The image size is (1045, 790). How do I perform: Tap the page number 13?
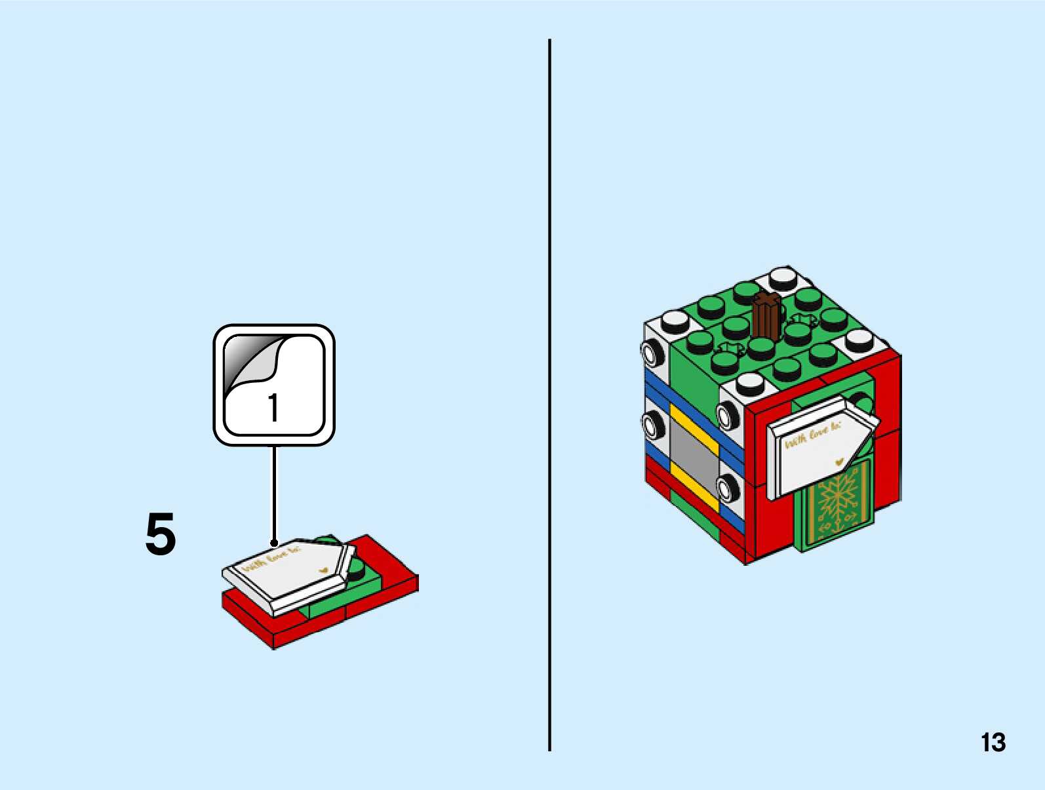coord(993,743)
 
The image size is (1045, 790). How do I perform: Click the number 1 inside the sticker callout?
coord(273,408)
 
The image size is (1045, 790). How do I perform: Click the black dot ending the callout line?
coord(274,543)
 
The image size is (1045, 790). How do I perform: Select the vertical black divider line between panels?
coord(549,393)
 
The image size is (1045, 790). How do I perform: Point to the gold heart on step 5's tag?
coord(323,570)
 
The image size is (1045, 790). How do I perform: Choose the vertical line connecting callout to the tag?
coord(274,492)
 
